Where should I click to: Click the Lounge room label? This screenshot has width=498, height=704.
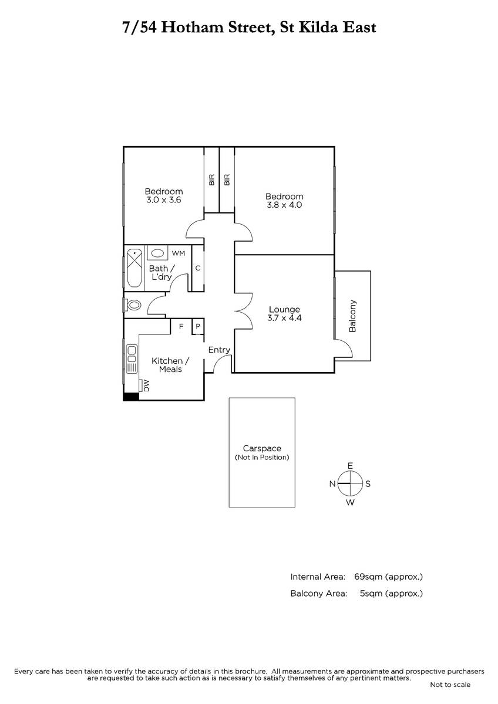tap(284, 309)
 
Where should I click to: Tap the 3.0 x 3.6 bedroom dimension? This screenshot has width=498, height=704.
tap(164, 200)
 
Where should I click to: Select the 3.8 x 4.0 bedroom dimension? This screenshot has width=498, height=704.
tap(284, 205)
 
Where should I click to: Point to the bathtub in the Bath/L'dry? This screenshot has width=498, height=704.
tap(134, 268)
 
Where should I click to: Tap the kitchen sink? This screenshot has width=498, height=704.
tap(132, 358)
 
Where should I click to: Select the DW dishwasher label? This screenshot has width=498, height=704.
tap(146, 385)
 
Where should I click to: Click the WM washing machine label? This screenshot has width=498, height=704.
tap(179, 253)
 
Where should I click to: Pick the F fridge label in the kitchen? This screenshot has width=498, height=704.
tap(181, 326)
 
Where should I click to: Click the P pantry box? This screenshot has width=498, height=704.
tap(198, 326)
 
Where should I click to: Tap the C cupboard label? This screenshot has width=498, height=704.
tap(198, 268)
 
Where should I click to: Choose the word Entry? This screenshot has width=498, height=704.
tap(219, 350)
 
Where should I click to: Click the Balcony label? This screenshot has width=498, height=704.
tap(353, 316)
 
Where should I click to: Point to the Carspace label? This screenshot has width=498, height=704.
tap(262, 448)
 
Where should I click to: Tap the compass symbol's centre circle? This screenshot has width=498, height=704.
tap(350, 483)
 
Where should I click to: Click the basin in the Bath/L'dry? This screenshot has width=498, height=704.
tap(157, 253)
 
